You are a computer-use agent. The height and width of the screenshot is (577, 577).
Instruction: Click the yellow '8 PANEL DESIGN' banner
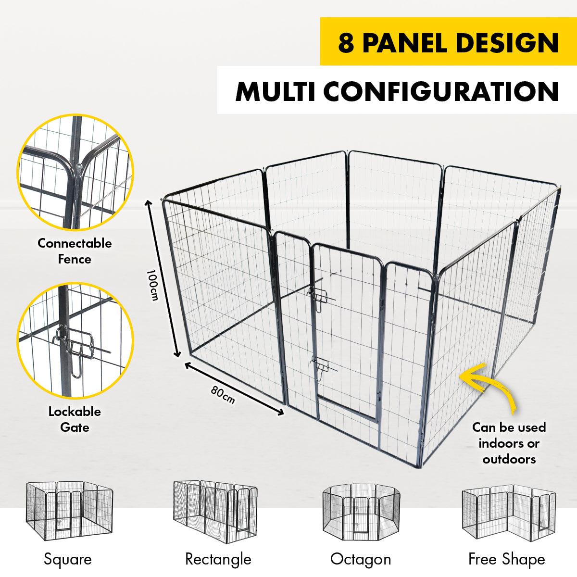(448, 42)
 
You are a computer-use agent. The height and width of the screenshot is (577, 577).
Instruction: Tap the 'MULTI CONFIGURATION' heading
(397, 91)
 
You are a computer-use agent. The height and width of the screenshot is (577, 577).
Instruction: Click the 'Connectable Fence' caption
(75, 251)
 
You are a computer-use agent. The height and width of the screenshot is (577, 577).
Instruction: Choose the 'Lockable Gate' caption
(75, 419)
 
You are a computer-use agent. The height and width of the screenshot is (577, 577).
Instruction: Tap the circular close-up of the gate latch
(75, 340)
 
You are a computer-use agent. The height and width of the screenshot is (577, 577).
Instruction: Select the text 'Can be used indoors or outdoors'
(509, 443)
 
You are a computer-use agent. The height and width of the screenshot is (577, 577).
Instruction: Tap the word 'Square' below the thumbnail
(67, 559)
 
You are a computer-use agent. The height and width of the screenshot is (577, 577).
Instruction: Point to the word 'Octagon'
(360, 559)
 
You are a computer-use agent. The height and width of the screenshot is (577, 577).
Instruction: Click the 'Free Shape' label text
(506, 559)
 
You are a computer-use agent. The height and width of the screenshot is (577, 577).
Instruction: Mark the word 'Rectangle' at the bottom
(218, 559)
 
